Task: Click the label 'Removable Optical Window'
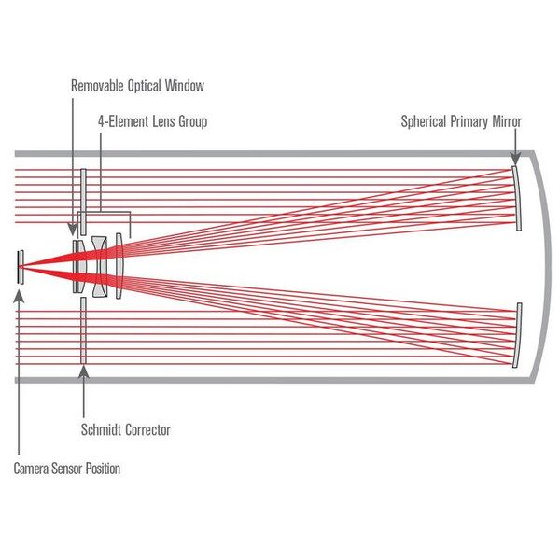pyautogui.click(x=136, y=86)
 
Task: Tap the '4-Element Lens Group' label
pyautogui.click(x=152, y=121)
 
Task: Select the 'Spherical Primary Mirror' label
pyautogui.click(x=461, y=121)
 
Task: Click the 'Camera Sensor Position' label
pyautogui.click(x=66, y=469)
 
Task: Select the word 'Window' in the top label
pyautogui.click(x=183, y=86)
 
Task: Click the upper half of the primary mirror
pyautogui.click(x=516, y=196)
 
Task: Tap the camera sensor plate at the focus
pyautogui.click(x=18, y=265)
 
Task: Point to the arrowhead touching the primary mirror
pyautogui.click(x=513, y=162)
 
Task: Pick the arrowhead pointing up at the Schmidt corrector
pyautogui.click(x=83, y=371)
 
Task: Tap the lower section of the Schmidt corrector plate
pyautogui.click(x=83, y=331)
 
